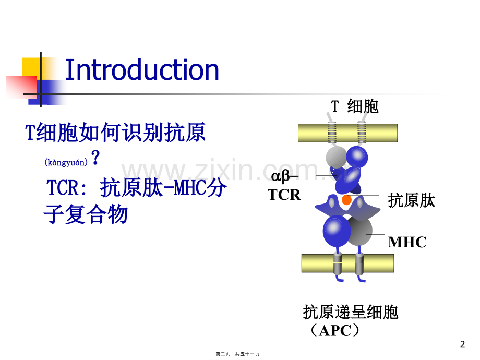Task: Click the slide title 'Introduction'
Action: (141, 70)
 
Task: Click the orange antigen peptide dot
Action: (346, 200)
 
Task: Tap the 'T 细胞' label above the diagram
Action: (355, 106)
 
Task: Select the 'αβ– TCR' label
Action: (285, 185)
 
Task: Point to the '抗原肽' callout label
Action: (412, 200)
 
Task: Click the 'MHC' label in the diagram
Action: (407, 242)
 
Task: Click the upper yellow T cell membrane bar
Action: (347, 133)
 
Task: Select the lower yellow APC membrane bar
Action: (347, 263)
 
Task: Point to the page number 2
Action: (462, 344)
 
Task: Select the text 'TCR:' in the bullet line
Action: (64, 188)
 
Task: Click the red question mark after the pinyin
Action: (95, 158)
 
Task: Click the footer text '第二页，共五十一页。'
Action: (239, 354)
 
